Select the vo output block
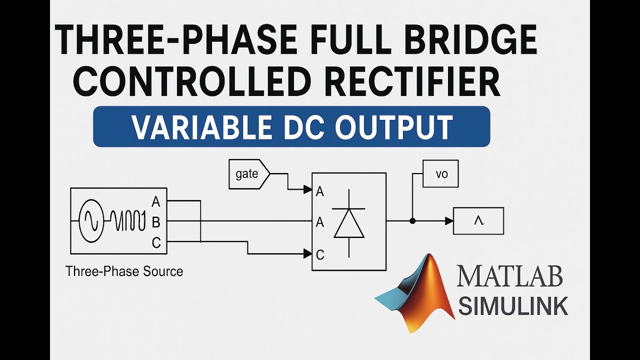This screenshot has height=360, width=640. coord(440,174)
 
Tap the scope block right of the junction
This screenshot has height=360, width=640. coord(478,221)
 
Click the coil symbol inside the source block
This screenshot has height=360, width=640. coord(127,220)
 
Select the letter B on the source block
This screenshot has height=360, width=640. coord(156,222)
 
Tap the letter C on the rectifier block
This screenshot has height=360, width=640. coord(320,255)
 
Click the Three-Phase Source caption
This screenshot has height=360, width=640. coord(124,271)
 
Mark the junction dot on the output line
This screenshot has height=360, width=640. coord(412,220)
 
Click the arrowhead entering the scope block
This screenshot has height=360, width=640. coord(449,220)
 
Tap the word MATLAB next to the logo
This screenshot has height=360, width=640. coord(509,276)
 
